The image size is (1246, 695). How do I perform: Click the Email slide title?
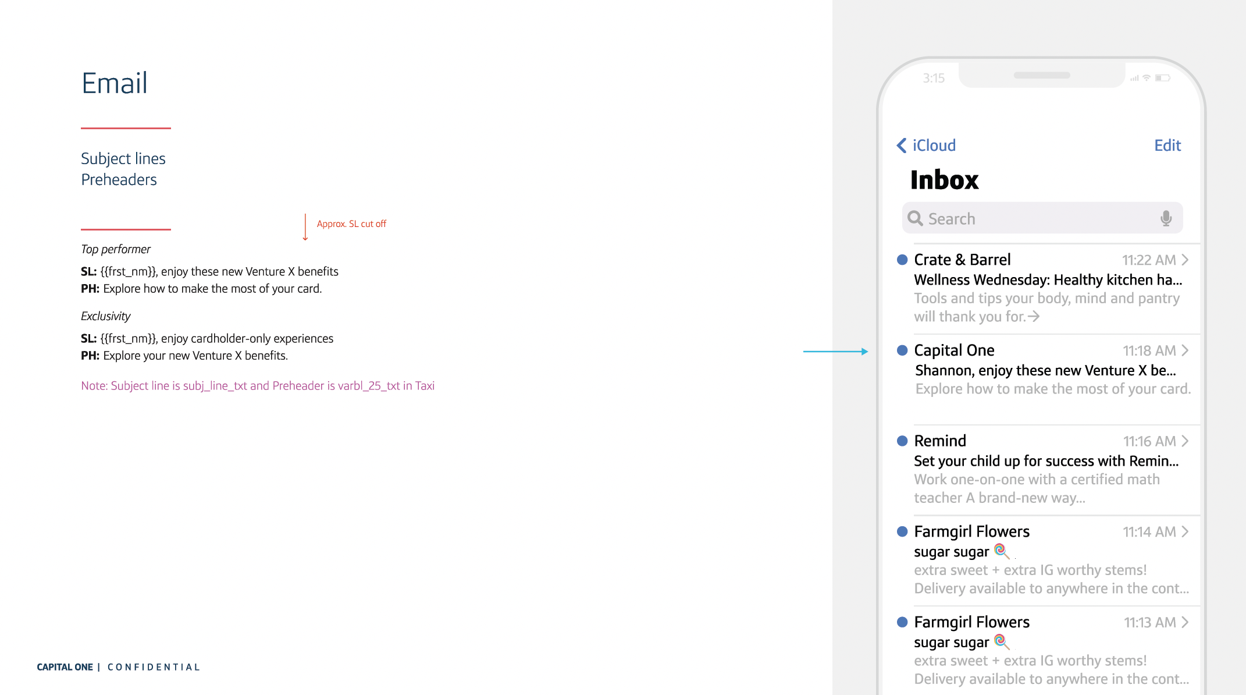pyautogui.click(x=115, y=83)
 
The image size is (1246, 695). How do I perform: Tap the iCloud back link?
pyautogui.click(x=927, y=146)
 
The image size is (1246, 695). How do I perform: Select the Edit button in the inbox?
pyautogui.click(x=1167, y=146)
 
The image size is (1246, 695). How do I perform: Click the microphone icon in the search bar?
pyautogui.click(x=1166, y=218)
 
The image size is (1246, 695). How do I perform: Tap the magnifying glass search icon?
pyautogui.click(x=915, y=218)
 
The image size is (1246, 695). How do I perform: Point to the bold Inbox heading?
pyautogui.click(x=944, y=180)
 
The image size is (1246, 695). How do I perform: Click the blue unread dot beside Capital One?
pyautogui.click(x=902, y=350)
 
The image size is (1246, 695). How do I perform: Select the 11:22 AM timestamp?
pyautogui.click(x=1149, y=260)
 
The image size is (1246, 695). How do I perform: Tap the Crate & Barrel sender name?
pyautogui.click(x=962, y=260)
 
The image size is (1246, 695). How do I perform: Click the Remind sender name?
pyautogui.click(x=940, y=441)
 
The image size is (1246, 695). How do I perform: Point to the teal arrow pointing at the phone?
pyautogui.click(x=835, y=352)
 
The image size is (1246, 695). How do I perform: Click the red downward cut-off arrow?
pyautogui.click(x=305, y=227)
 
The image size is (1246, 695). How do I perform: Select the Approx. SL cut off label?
pyautogui.click(x=351, y=224)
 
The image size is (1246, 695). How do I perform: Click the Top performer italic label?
pyautogui.click(x=116, y=249)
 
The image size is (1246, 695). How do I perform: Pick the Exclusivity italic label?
pyautogui.click(x=106, y=316)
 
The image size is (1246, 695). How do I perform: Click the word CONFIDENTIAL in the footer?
pyautogui.click(x=154, y=667)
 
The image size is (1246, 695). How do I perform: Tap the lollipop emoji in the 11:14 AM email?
pyautogui.click(x=1001, y=550)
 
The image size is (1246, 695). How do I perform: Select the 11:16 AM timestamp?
pyautogui.click(x=1149, y=441)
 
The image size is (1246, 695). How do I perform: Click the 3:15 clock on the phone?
pyautogui.click(x=934, y=78)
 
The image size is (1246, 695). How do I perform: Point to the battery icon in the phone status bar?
pyautogui.click(x=1162, y=78)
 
